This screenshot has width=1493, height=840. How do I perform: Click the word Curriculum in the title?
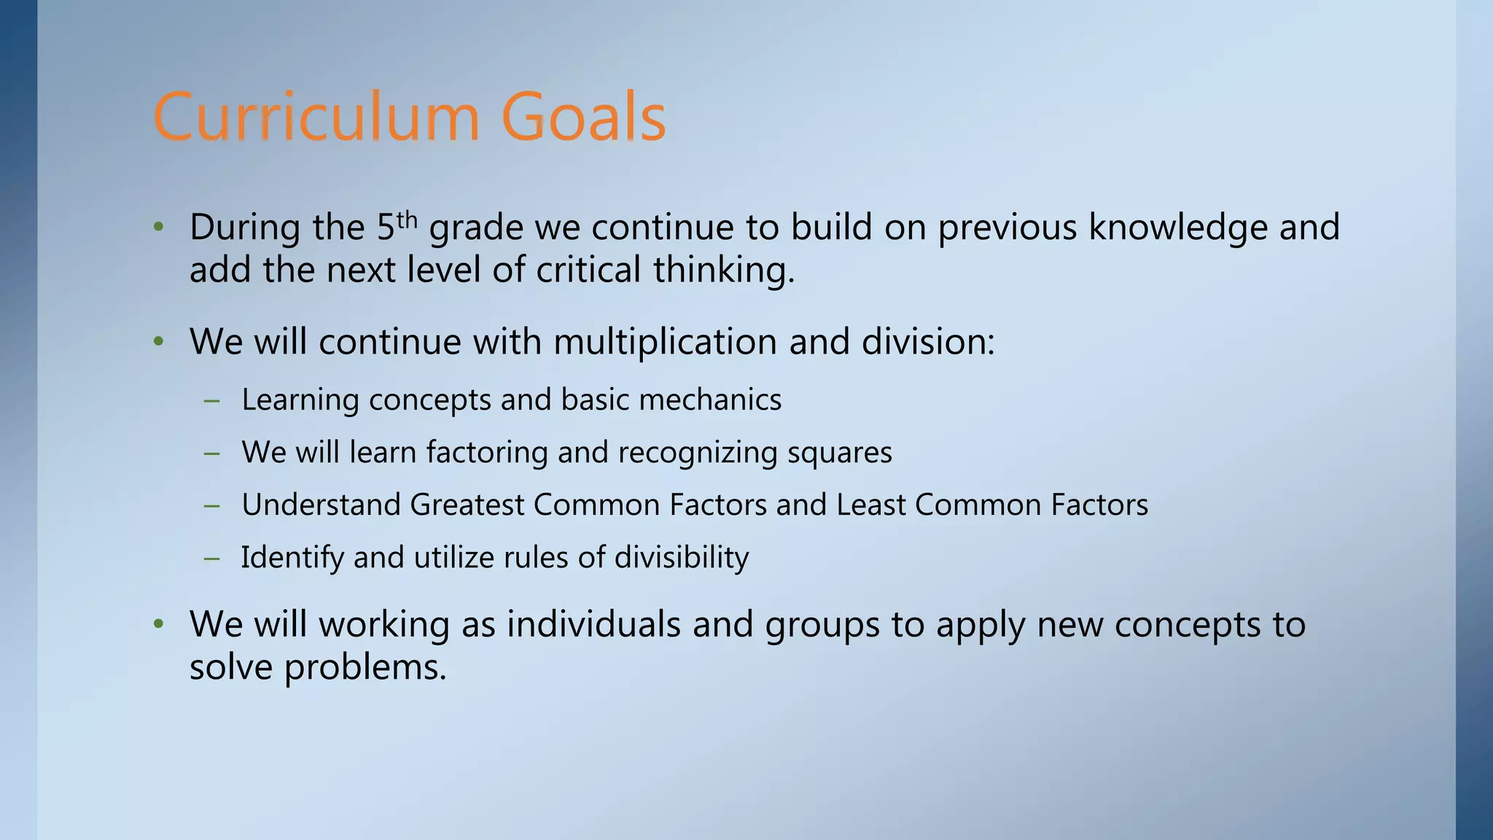click(x=316, y=117)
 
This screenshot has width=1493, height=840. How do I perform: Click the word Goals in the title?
click(x=583, y=117)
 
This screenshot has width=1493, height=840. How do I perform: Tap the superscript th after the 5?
click(x=407, y=219)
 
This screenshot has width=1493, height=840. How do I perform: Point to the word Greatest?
click(x=467, y=505)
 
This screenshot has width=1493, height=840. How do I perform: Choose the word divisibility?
click(x=682, y=558)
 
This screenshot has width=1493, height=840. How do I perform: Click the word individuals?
click(x=593, y=625)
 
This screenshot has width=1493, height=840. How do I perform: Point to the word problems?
click(x=365, y=667)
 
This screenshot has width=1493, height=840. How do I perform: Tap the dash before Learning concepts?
click(x=212, y=400)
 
